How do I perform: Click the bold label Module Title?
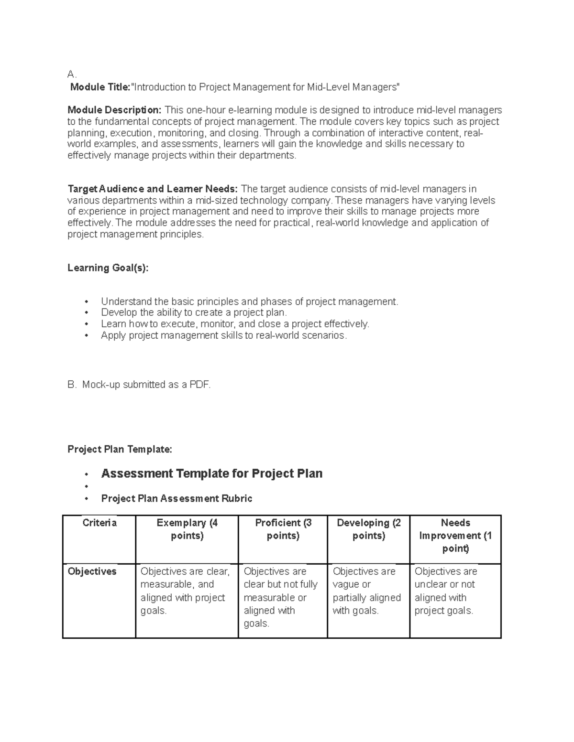click(100, 87)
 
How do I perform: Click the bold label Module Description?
click(114, 110)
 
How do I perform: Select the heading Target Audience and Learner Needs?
click(152, 189)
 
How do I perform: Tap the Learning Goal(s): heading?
click(108, 268)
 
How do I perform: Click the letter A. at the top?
click(72, 74)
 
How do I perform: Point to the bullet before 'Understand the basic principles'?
click(87, 302)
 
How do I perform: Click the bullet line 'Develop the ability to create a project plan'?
click(194, 312)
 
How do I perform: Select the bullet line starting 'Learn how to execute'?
click(235, 324)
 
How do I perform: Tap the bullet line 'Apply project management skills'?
click(223, 335)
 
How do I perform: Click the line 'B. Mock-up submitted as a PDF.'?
click(139, 385)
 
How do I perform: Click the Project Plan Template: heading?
click(120, 449)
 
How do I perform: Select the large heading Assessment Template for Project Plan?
click(211, 473)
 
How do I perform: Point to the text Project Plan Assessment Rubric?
click(177, 498)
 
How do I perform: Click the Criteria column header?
click(99, 523)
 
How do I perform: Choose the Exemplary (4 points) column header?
click(187, 529)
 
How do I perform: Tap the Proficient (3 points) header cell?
click(283, 529)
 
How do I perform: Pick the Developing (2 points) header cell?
click(369, 529)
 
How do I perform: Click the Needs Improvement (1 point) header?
click(455, 535)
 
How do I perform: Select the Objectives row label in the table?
click(92, 571)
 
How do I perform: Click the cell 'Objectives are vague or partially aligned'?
click(367, 591)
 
